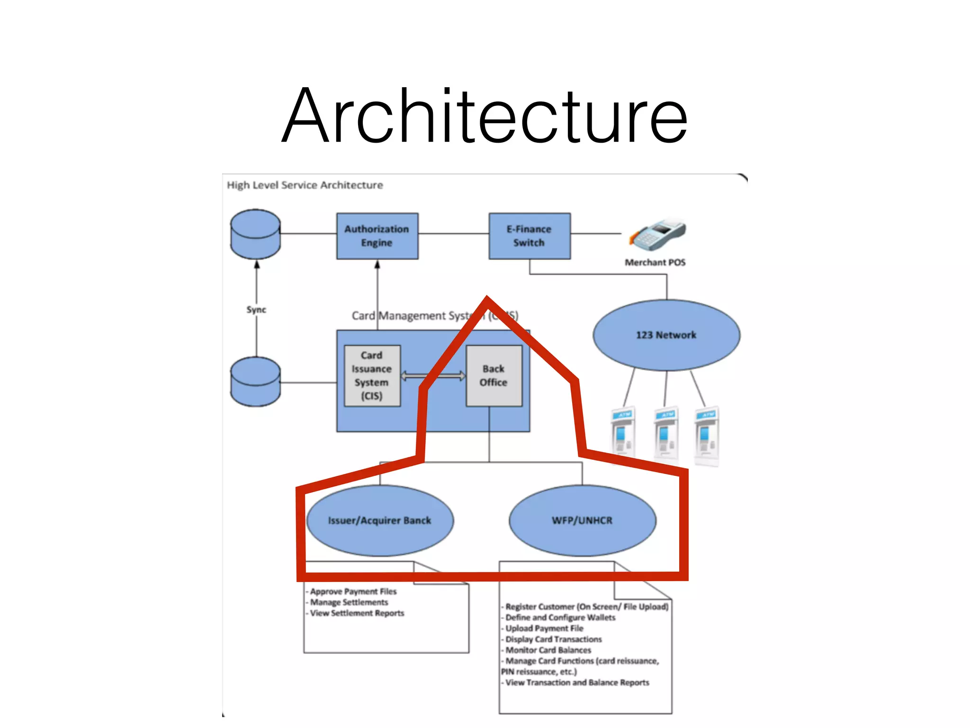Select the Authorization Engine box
click(x=377, y=236)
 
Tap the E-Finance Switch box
click(x=529, y=236)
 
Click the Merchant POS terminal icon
click(x=657, y=235)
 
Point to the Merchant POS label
click(x=655, y=263)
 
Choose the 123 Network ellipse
click(x=666, y=335)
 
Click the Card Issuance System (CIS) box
click(x=372, y=375)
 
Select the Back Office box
click(x=494, y=375)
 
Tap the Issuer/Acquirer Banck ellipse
click(x=379, y=520)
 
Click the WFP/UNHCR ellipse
click(x=582, y=520)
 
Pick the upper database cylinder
click(x=256, y=234)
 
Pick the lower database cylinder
click(x=256, y=382)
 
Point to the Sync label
click(x=256, y=309)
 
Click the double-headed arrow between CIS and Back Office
click(x=433, y=376)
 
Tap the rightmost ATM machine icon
click(x=707, y=435)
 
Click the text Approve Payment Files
click(x=353, y=591)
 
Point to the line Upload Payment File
click(x=544, y=628)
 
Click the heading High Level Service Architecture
click(x=305, y=185)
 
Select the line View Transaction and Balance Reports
click(x=576, y=682)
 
